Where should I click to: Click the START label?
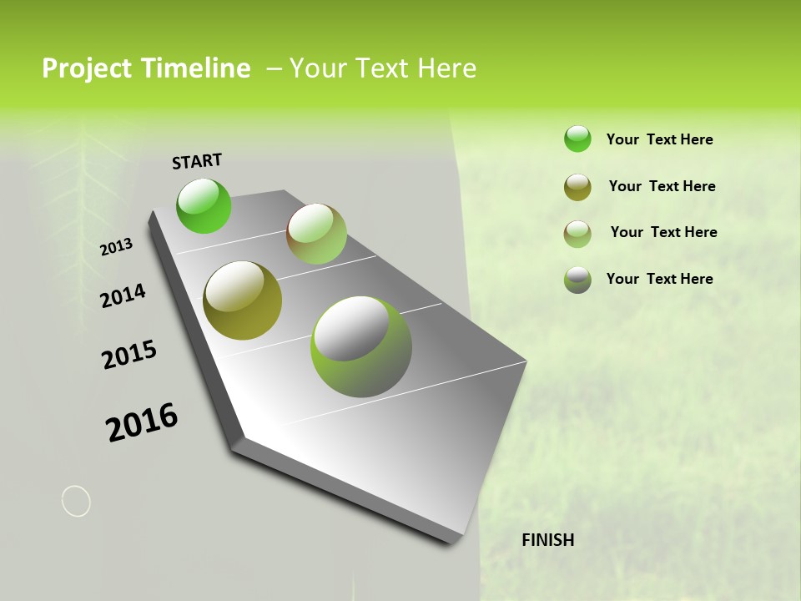[197, 160]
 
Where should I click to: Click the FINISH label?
[547, 540]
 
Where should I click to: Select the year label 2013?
[116, 247]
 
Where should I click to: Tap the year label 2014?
[123, 295]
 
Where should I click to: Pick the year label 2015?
[129, 355]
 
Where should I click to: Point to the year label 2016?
[142, 422]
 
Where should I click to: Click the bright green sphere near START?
[204, 205]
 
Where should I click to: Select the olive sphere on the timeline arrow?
[242, 300]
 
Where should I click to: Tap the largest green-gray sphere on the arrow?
[361, 346]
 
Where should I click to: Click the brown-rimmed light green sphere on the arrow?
[316, 234]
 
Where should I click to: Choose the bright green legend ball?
[577, 139]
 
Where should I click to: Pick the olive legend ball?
[577, 187]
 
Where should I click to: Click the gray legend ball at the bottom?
[577, 280]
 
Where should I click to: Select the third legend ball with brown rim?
[577, 234]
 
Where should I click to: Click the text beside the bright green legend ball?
[659, 139]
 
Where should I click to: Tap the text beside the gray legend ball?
[659, 279]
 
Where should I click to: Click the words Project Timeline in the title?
[146, 68]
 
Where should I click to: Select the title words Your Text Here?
[383, 68]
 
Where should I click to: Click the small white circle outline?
[76, 501]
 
